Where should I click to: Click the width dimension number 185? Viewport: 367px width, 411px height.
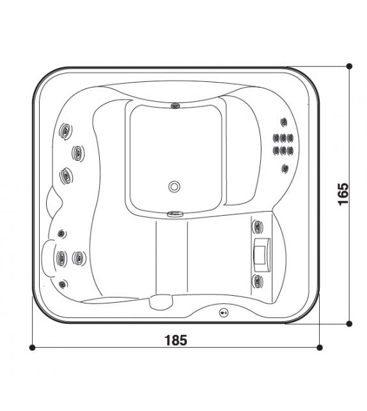176,340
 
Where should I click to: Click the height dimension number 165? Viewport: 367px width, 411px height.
343,194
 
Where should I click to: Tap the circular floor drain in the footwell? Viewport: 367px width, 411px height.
174,187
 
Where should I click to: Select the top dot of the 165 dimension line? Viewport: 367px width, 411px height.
349,66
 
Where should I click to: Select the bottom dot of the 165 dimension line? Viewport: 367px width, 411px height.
349,324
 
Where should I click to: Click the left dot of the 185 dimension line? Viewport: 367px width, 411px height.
32,348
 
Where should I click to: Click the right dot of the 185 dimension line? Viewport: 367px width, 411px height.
319,348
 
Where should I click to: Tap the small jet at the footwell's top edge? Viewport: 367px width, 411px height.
175,106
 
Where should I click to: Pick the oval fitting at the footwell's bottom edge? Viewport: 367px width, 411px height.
175,214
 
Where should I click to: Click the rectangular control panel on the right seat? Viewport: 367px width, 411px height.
262,255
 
